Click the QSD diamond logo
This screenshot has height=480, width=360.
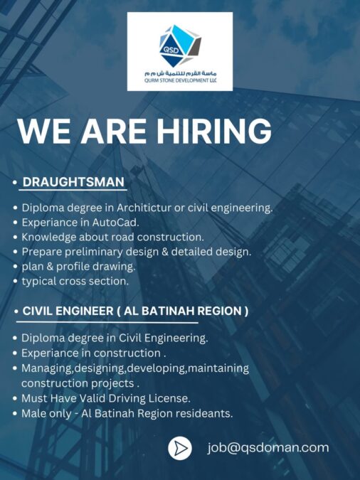[180, 46]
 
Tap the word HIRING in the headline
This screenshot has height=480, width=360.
[214, 131]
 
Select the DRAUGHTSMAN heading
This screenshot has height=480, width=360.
[73, 182]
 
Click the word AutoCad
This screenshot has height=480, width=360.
[115, 223]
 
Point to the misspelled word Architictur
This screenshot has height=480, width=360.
[144, 208]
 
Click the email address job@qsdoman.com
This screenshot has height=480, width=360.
[268, 448]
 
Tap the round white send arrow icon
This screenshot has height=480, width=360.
[180, 449]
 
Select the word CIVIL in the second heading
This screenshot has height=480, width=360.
[38, 311]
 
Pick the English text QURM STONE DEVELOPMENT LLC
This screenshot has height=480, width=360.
[180, 80]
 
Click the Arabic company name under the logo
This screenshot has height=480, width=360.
[180, 73]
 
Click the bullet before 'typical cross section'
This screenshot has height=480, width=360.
[16, 282]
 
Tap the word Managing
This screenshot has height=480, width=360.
[46, 368]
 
